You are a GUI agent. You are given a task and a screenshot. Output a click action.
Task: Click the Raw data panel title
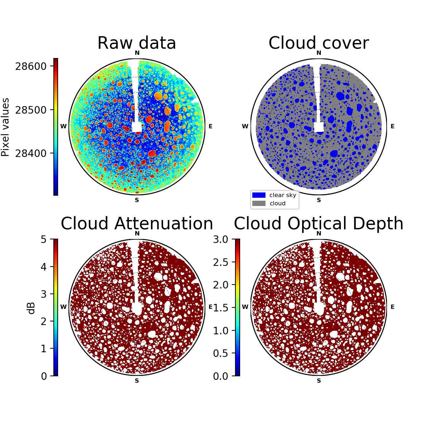click(137, 43)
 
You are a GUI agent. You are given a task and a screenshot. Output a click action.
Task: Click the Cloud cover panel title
click(319, 43)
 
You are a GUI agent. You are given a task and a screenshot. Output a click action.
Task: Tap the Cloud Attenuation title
click(137, 223)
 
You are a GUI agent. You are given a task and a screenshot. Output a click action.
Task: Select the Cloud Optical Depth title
click(319, 223)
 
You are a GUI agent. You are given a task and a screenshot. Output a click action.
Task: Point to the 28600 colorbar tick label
click(31, 66)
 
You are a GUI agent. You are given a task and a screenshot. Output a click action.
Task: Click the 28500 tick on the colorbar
click(31, 110)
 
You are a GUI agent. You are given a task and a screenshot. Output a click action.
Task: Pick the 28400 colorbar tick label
click(31, 153)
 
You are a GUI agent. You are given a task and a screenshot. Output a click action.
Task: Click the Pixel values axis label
click(5, 127)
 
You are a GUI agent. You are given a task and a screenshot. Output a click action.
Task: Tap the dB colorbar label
click(32, 309)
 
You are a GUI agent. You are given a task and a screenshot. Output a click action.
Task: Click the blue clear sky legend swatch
click(259, 195)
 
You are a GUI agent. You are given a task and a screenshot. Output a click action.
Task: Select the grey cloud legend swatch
click(259, 203)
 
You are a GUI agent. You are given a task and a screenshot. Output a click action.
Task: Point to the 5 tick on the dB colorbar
click(43, 239)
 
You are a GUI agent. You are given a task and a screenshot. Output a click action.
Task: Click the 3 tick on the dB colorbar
click(43, 294)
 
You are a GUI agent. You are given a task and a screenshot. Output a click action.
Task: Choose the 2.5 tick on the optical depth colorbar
click(221, 262)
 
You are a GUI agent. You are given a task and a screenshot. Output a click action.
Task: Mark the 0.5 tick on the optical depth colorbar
click(221, 353)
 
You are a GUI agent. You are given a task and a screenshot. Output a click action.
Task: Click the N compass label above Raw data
click(137, 53)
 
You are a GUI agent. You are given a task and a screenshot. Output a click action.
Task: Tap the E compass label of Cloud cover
click(392, 126)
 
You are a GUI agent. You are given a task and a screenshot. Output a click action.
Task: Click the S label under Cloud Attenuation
click(137, 381)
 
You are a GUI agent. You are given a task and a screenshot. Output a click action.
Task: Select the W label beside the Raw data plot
click(63, 126)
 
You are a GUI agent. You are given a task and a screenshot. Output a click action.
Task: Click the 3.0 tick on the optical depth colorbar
click(221, 239)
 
